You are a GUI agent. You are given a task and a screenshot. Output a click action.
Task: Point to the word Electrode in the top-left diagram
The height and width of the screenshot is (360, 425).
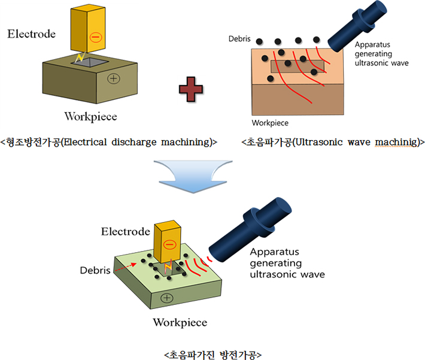tap(31, 34)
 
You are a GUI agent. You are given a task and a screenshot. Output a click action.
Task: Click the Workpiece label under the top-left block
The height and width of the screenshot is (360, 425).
tap(90, 116)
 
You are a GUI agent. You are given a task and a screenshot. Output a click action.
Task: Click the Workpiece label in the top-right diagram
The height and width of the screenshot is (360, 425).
tap(270, 123)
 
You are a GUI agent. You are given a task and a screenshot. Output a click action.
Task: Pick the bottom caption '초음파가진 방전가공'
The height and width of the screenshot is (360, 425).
tap(212, 354)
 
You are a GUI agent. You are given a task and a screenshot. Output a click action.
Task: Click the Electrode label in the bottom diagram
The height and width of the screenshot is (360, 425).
tap(125, 231)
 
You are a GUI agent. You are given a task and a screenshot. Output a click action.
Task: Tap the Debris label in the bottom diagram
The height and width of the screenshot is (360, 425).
tap(95, 270)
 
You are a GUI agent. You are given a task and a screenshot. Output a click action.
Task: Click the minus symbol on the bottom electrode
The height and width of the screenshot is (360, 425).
tap(170, 244)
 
